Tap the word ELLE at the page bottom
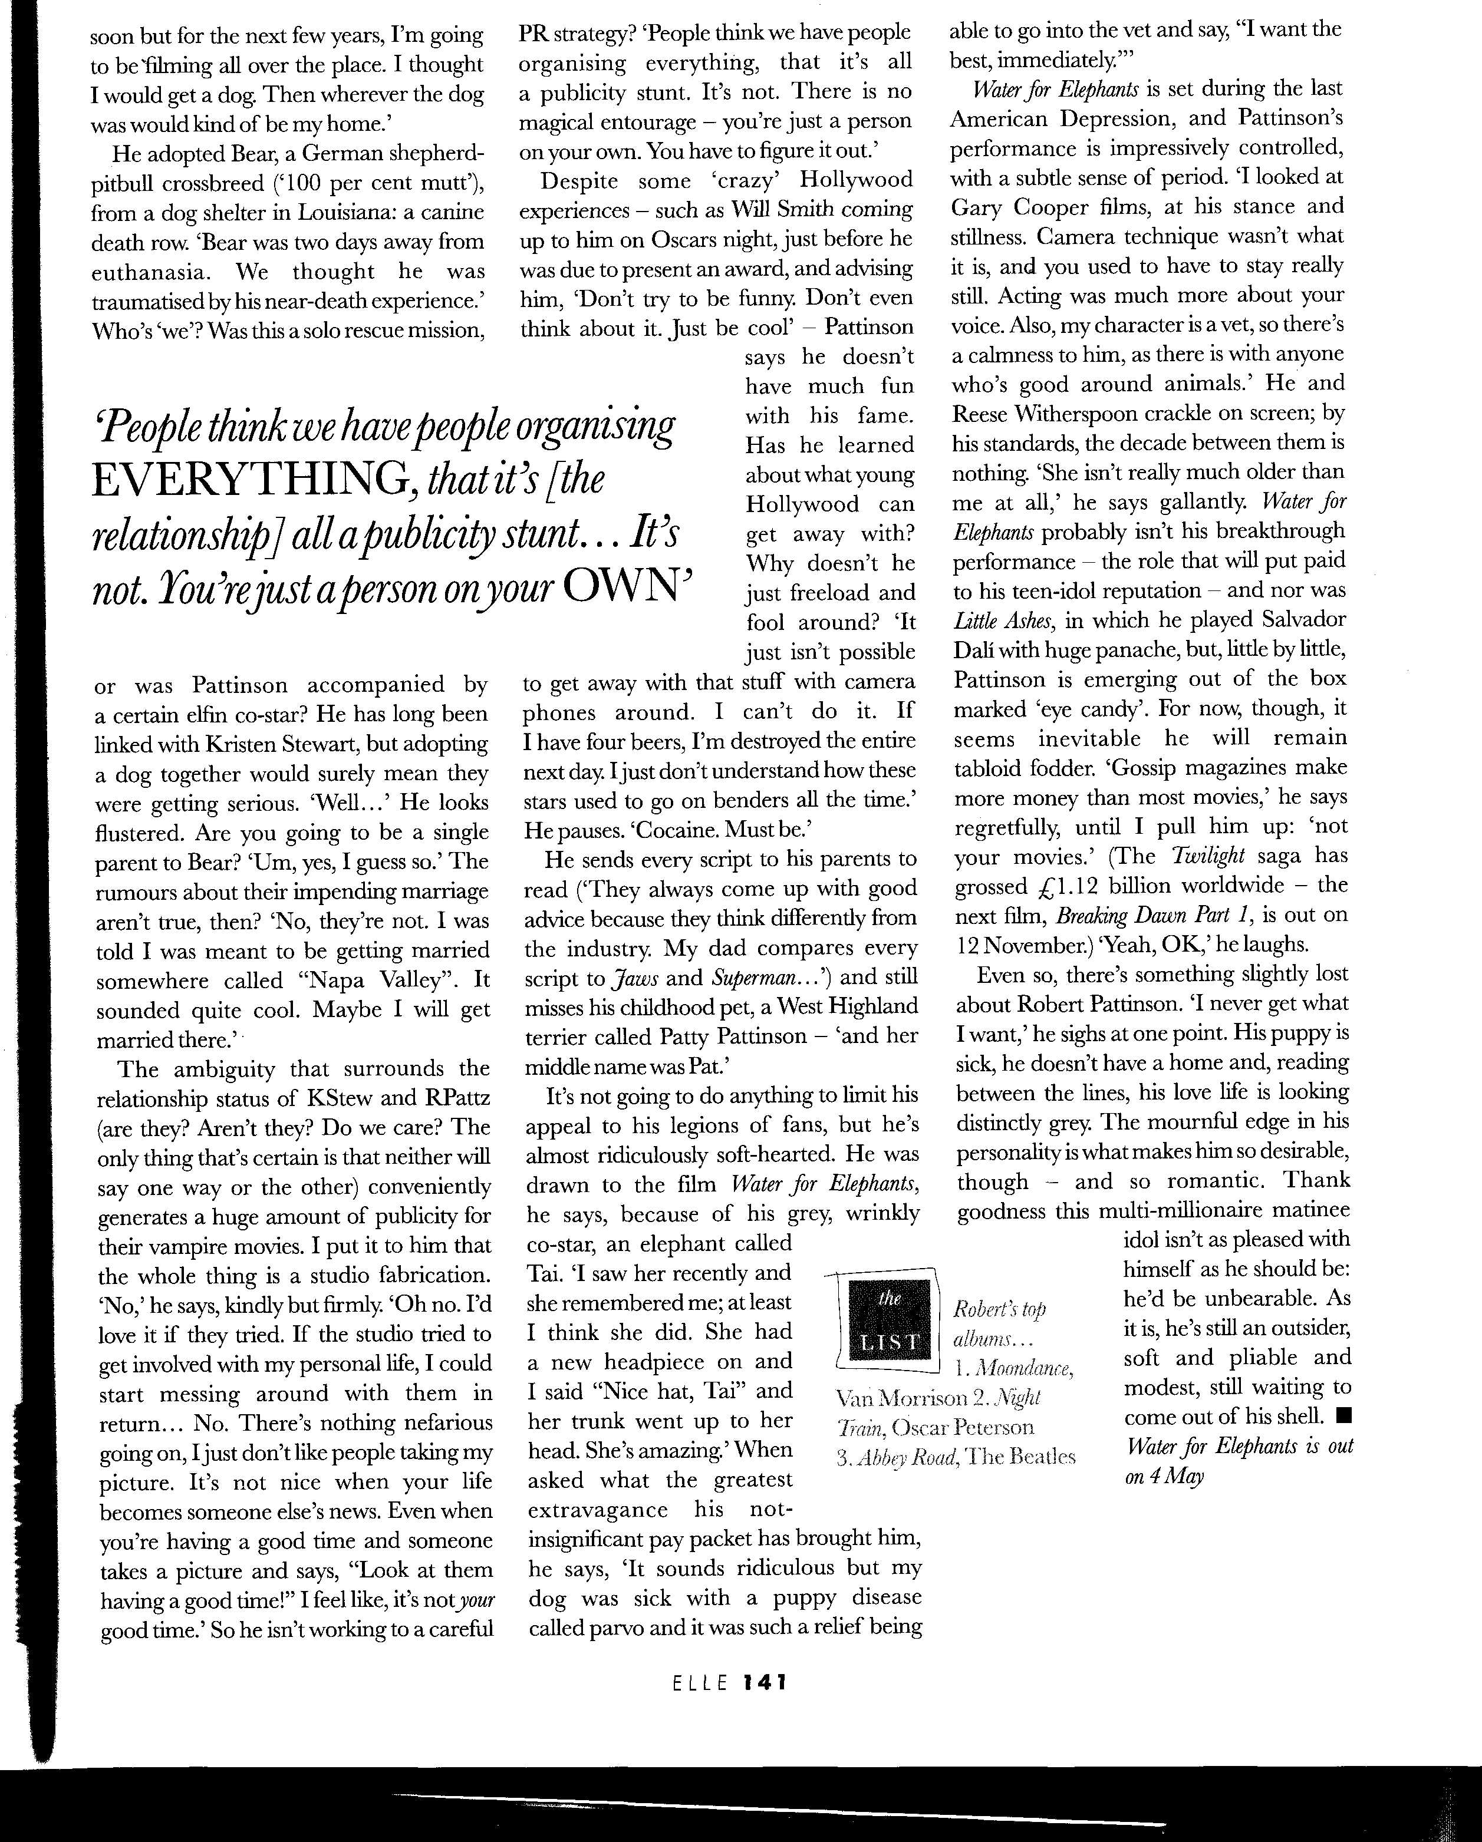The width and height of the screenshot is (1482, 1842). coord(700,1682)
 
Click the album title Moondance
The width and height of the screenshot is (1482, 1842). coord(1024,1368)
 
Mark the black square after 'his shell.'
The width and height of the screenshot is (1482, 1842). coord(1343,1417)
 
